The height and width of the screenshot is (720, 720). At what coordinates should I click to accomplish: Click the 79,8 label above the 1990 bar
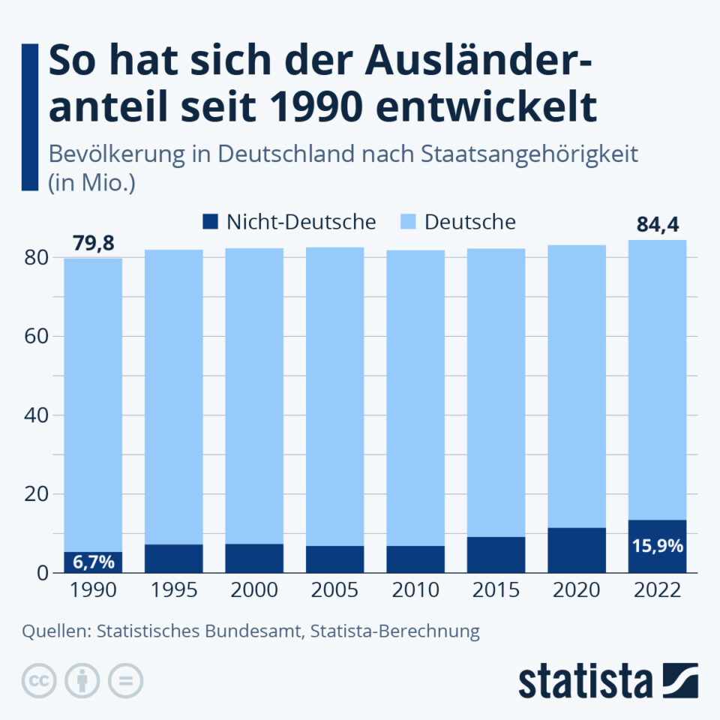(x=93, y=244)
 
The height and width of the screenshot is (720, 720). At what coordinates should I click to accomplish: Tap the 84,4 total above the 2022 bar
(x=657, y=225)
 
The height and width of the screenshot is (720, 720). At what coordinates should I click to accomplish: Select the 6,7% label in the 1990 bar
(x=93, y=562)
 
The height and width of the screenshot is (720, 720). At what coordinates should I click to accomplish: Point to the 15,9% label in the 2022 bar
(x=657, y=546)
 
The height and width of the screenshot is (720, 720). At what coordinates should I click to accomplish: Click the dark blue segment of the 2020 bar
(x=577, y=550)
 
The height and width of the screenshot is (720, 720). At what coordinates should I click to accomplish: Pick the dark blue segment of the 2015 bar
(x=496, y=555)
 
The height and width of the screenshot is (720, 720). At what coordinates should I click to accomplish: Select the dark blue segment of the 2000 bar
(x=254, y=559)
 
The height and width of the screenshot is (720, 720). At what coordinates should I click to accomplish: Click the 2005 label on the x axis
(x=334, y=591)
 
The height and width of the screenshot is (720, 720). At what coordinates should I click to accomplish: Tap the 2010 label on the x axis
(x=415, y=591)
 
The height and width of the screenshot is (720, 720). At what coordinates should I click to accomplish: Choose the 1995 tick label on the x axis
(x=173, y=591)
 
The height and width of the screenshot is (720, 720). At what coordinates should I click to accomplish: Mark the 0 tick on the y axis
(x=43, y=574)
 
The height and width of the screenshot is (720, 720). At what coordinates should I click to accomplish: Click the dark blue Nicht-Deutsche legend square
(x=210, y=222)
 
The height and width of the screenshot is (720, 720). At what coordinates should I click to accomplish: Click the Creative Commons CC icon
(x=40, y=681)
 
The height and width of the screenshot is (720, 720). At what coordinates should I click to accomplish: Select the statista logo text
(x=585, y=681)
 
